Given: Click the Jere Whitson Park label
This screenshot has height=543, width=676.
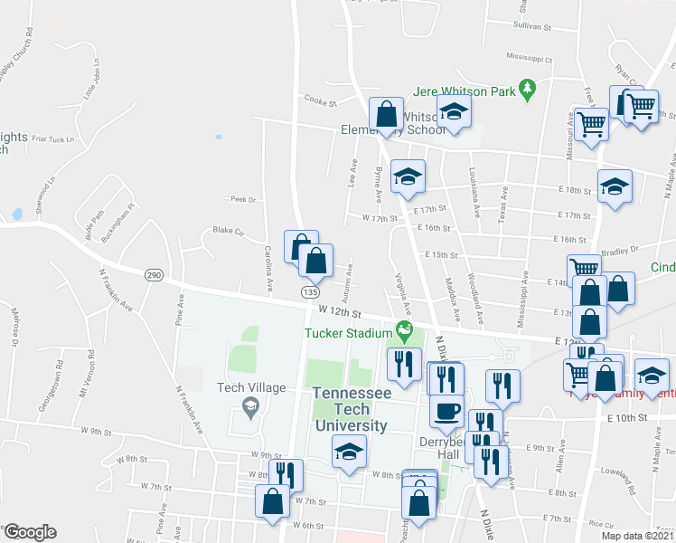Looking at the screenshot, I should click(464, 90).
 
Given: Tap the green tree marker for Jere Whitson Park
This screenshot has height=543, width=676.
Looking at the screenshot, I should click(529, 90).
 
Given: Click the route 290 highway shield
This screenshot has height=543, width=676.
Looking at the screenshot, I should click(155, 274).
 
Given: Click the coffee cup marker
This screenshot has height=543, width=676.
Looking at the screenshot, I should click(446, 412).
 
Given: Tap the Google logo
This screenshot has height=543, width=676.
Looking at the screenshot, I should click(30, 532).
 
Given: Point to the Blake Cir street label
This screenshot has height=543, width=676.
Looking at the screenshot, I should click(229, 231).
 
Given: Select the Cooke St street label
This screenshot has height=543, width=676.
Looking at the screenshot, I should click(320, 100).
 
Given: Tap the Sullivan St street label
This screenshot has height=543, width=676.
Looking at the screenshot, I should click(532, 27).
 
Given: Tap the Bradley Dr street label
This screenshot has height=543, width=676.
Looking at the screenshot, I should click(619, 249).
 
